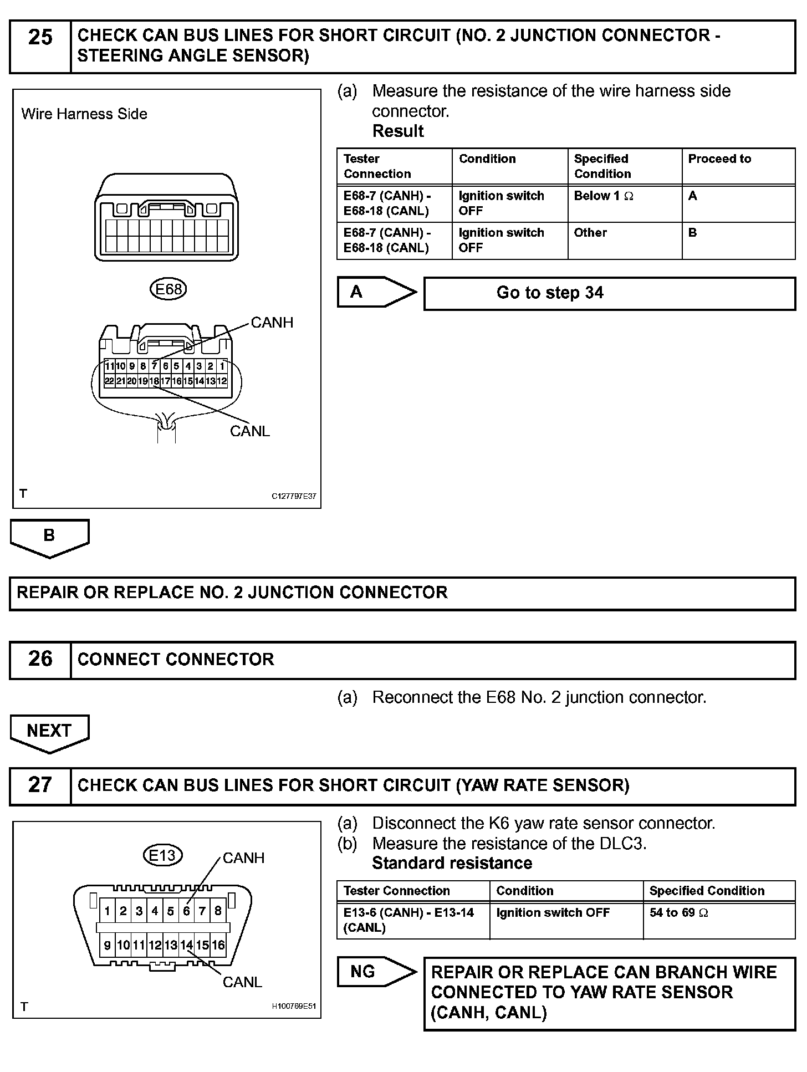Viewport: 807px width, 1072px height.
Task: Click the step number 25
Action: pos(40,38)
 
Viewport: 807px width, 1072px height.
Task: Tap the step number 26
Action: pos(40,659)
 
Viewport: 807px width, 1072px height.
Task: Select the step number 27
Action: pos(40,785)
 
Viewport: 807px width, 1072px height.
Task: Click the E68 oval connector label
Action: pos(168,289)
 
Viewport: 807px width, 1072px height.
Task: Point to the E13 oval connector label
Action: pos(162,855)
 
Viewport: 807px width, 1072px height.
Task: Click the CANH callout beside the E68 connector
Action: pos(272,323)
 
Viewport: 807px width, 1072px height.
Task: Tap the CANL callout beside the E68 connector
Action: pos(250,431)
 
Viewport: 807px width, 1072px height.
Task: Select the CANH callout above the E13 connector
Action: pos(243,858)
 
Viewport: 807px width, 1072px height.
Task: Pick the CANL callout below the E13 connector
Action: pos(242,982)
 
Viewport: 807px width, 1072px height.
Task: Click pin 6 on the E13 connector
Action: pos(186,911)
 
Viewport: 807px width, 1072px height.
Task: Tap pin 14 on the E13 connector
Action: pos(186,945)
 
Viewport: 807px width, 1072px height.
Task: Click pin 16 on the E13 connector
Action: pos(218,945)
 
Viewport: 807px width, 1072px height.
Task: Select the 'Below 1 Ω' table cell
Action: pos(603,196)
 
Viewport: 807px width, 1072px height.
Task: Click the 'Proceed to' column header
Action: pos(719,159)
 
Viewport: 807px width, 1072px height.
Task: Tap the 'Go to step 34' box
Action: pos(609,293)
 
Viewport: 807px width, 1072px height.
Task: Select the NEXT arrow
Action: pos(49,732)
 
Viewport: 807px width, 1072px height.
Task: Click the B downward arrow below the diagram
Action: pos(49,537)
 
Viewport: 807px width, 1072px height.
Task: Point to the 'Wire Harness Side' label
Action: pos(84,114)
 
